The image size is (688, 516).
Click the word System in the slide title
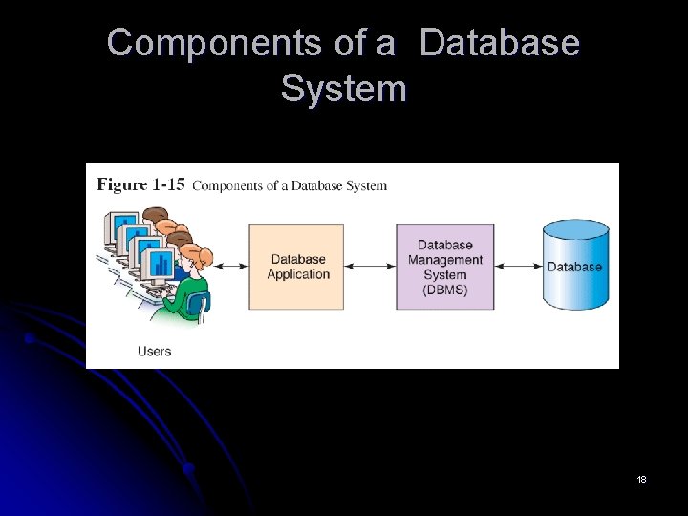[344, 89]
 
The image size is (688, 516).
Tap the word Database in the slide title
[500, 43]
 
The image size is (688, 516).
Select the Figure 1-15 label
[140, 185]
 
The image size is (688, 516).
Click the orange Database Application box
[296, 267]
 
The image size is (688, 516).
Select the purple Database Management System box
[445, 267]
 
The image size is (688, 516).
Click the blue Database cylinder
[574, 272]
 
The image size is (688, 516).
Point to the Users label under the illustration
[154, 351]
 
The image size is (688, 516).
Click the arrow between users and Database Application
[229, 267]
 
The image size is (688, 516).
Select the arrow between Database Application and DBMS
[370, 267]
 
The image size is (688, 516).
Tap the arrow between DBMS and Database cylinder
[518, 267]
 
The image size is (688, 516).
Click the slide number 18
[641, 479]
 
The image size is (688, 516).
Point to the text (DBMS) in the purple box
[445, 290]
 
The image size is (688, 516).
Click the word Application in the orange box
[298, 275]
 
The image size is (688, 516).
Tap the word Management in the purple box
[445, 260]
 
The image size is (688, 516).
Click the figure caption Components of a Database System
[290, 185]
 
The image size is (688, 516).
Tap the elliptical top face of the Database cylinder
[575, 229]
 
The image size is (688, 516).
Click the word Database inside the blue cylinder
[574, 268]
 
